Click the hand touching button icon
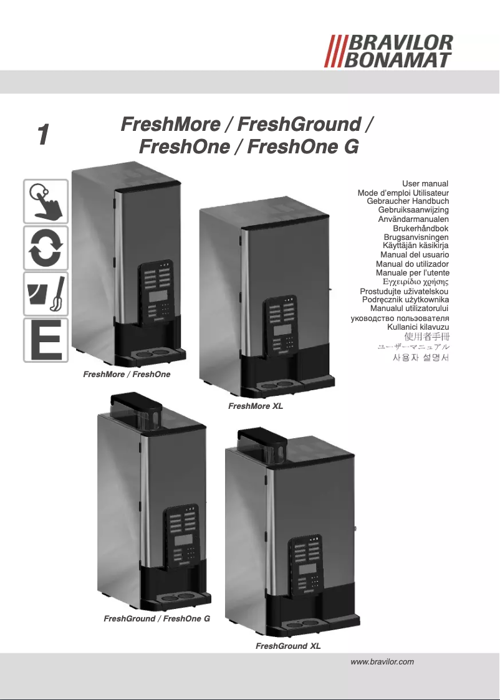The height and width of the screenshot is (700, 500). pyautogui.click(x=46, y=201)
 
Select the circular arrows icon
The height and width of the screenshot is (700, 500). pyautogui.click(x=46, y=247)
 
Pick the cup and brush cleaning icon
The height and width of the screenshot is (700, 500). pyautogui.click(x=46, y=294)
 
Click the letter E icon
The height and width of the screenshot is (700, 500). pyautogui.click(x=46, y=340)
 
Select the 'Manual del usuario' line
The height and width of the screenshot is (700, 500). pyautogui.click(x=415, y=255)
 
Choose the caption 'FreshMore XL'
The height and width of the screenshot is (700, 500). pyautogui.click(x=256, y=406)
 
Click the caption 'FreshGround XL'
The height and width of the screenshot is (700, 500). pyautogui.click(x=288, y=646)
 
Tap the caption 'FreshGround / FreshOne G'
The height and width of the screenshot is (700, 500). pyautogui.click(x=156, y=619)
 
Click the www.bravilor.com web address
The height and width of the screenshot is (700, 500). pyautogui.click(x=383, y=661)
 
